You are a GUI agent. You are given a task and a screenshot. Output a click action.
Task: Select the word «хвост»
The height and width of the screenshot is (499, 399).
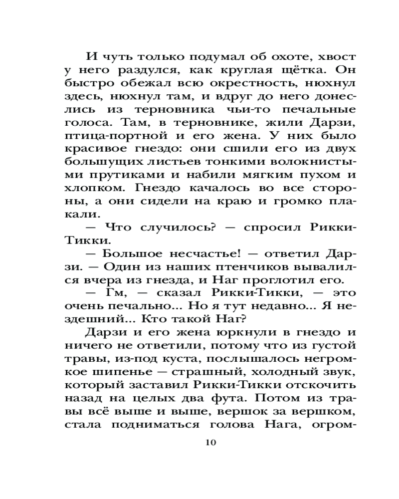(x=334, y=55)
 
